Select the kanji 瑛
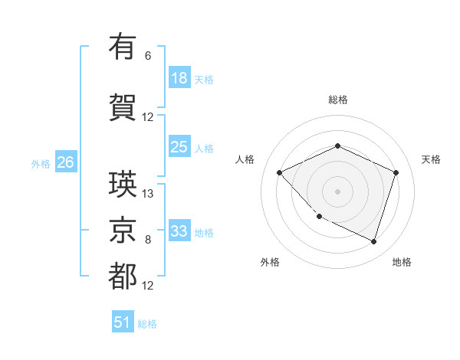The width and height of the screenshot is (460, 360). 123,184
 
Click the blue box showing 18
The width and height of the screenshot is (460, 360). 179,78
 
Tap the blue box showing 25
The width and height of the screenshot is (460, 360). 179,147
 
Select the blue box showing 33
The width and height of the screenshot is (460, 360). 179,231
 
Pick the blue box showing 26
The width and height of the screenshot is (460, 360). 65,162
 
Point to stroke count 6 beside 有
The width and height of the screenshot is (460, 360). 148,56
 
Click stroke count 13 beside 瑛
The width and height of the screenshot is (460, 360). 148,194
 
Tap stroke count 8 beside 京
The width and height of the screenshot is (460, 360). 148,240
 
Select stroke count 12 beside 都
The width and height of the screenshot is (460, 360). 148,286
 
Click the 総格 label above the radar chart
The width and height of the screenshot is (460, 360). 337,100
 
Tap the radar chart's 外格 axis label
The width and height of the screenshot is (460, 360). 270,262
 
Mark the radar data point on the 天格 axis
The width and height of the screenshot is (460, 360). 396,172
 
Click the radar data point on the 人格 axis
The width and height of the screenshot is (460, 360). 280,172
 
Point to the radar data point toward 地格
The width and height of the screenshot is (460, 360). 373,241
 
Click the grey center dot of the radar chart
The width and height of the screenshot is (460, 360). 337,191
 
